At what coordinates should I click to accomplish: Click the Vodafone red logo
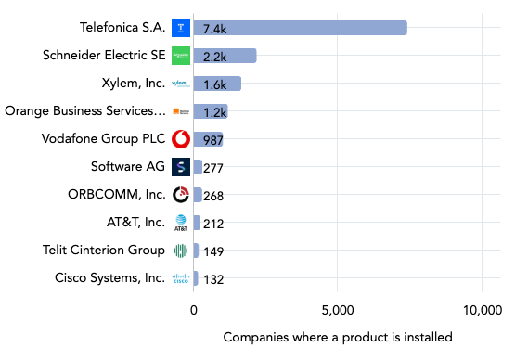[181, 139]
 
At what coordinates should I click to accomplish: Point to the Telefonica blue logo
[181, 28]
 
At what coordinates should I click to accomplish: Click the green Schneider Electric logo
[181, 56]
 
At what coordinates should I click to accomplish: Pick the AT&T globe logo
[181, 223]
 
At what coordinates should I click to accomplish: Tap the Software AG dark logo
[181, 167]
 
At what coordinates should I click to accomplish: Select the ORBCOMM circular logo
[181, 195]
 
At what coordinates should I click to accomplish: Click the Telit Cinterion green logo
[181, 251]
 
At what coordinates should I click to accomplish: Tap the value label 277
[215, 168]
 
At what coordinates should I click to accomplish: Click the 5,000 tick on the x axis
[338, 310]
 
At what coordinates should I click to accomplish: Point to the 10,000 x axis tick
[482, 310]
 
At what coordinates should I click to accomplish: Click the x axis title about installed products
[338, 337]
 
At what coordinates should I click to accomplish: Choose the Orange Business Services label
[85, 111]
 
